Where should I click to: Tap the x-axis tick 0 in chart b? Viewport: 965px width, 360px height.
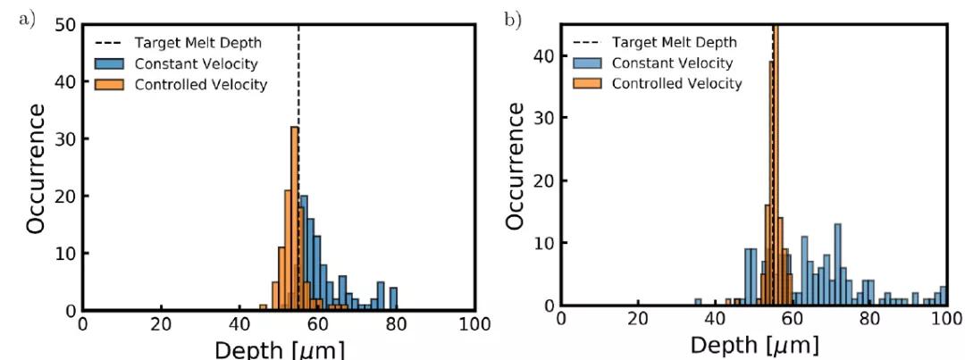[x=561, y=320]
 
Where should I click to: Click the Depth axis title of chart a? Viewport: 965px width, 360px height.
[x=279, y=348]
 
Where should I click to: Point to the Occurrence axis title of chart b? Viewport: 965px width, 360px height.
[x=516, y=165]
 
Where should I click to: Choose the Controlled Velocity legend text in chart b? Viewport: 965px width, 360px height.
[x=676, y=83]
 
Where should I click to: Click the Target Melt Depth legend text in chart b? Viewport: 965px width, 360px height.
[x=674, y=42]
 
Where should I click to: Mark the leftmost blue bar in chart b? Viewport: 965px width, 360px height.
[x=698, y=302]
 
